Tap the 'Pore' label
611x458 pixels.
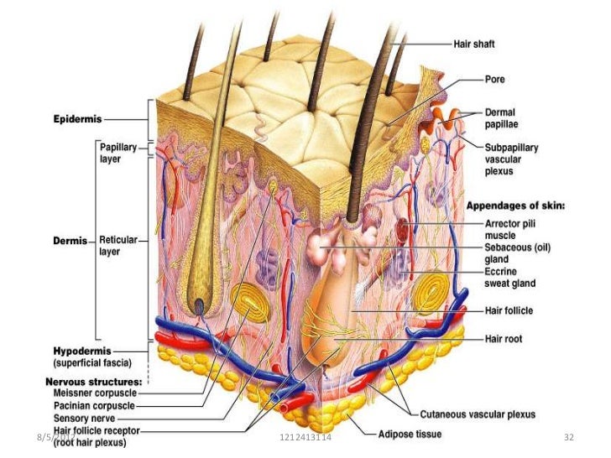pyautogui.click(x=494, y=81)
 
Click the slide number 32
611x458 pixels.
pyautogui.click(x=567, y=438)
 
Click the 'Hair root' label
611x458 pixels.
pyautogui.click(x=504, y=339)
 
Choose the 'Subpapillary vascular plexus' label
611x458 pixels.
pyautogui.click(x=511, y=159)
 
